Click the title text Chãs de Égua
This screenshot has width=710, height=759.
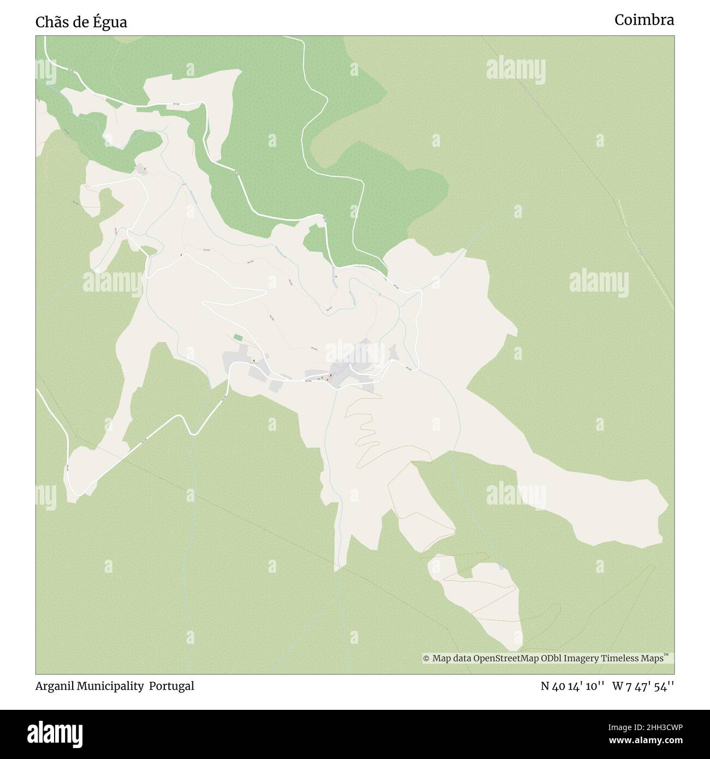point(81,22)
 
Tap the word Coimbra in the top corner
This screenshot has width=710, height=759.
point(644,20)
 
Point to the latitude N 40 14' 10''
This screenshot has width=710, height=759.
point(572,686)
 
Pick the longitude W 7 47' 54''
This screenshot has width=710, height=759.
point(643,686)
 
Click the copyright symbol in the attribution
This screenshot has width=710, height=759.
point(427,659)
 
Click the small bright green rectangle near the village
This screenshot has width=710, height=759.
point(236,337)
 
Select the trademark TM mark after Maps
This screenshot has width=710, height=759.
point(666,655)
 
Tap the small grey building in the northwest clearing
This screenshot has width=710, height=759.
point(141,169)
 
